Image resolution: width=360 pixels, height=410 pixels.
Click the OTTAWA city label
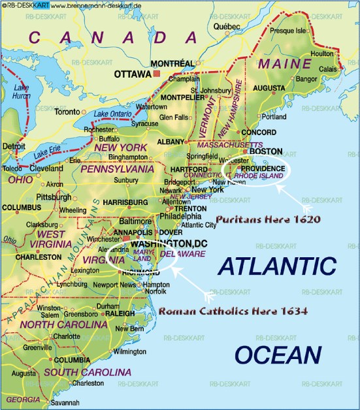(133, 74)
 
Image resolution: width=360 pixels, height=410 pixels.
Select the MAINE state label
(285, 64)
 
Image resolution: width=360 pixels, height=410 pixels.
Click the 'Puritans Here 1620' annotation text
(268, 219)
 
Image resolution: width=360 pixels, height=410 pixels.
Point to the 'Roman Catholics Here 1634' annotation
(233, 311)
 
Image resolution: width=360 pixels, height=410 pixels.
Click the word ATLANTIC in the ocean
(276, 266)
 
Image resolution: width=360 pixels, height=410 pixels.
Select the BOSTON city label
(266, 151)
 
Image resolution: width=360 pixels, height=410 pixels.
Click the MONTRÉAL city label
(172, 63)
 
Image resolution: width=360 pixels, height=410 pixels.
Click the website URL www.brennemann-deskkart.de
(97, 6)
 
